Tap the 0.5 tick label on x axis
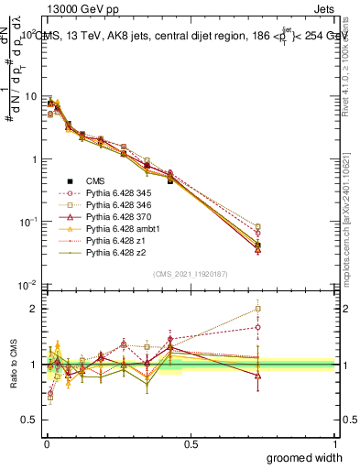point(191,444)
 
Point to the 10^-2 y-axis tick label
point(25,285)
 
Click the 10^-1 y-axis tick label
point(25,222)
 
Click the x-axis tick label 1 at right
point(334,444)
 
